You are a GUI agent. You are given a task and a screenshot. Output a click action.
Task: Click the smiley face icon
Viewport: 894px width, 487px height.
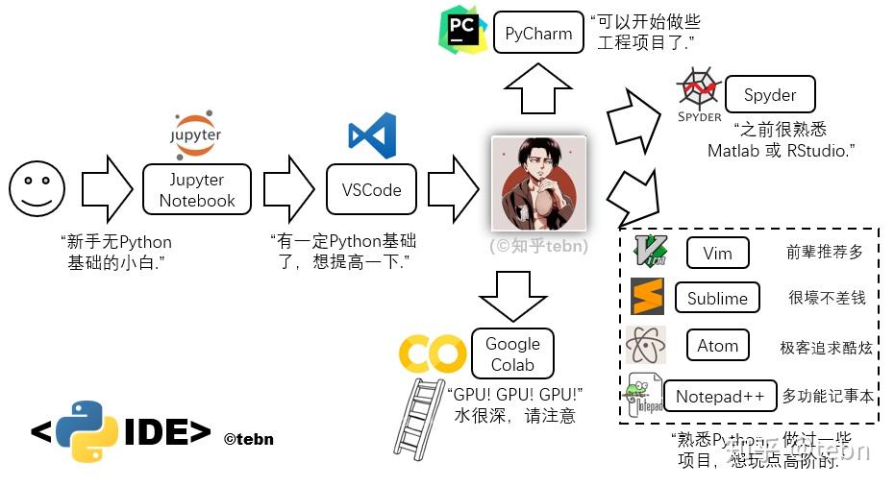[37, 187]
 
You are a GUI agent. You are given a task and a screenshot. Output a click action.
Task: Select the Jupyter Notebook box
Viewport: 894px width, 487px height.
[197, 189]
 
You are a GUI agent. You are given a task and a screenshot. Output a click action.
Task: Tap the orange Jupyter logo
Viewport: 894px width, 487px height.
[195, 132]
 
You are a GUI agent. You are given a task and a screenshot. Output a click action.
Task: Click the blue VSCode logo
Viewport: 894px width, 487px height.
[372, 135]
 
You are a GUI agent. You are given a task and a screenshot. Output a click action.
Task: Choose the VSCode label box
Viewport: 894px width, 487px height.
[371, 189]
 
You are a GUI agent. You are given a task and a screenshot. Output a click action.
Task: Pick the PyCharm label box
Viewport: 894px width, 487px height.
[538, 34]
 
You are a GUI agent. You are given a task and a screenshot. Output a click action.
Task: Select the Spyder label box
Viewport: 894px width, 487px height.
[769, 95]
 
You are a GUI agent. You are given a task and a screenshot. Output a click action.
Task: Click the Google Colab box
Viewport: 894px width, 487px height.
[512, 354]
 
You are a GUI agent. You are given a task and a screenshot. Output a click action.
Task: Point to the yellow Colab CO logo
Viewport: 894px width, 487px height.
[433, 354]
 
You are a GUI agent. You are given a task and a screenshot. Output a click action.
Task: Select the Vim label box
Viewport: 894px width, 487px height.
[717, 254]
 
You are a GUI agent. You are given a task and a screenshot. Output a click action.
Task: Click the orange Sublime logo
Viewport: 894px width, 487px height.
[647, 297]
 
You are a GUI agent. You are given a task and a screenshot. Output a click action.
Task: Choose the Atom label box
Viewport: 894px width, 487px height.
[717, 345]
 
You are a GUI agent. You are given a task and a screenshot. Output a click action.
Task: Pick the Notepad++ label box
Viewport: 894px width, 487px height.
[720, 396]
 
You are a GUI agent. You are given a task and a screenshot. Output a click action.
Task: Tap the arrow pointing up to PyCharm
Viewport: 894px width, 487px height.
[538, 90]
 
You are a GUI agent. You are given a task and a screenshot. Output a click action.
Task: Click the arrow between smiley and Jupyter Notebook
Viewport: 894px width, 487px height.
[106, 188]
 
